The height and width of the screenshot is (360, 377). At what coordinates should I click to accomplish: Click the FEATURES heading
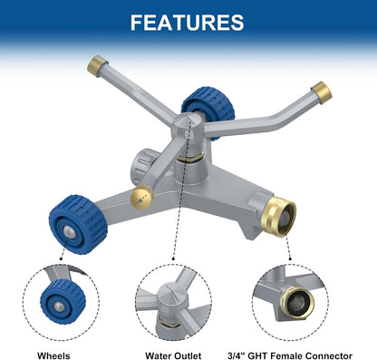click(x=188, y=22)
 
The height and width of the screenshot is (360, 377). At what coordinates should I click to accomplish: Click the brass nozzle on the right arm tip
click(x=318, y=92)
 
